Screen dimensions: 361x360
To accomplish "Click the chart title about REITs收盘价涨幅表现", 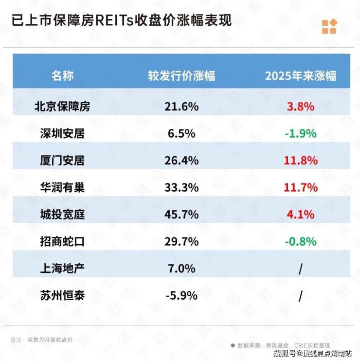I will pyautogui.click(x=121, y=21).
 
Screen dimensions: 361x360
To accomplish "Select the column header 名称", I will pyautogui.click(x=63, y=76).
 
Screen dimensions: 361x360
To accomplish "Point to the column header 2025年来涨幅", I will pyautogui.click(x=301, y=76).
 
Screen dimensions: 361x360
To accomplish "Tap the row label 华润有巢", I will pyautogui.click(x=63, y=187).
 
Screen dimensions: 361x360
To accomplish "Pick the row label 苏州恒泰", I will pyautogui.click(x=63, y=295).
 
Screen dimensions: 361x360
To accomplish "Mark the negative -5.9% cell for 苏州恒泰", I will pyautogui.click(x=180, y=295).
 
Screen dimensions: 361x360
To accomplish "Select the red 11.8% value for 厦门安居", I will pyautogui.click(x=301, y=160).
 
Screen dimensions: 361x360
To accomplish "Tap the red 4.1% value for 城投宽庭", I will pyautogui.click(x=301, y=214).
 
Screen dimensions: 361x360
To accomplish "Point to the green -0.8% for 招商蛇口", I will pyautogui.click(x=300, y=241).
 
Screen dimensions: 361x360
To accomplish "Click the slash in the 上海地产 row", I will pyautogui.click(x=301, y=268).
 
